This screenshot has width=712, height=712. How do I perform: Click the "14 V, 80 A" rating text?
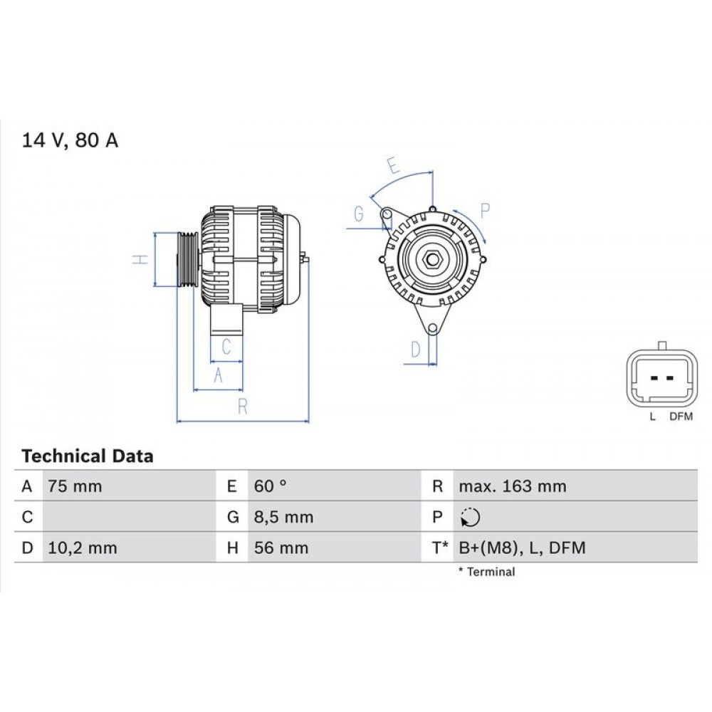point(70,140)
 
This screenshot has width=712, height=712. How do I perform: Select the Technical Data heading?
point(87,456)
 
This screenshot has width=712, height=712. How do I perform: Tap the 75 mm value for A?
point(75,486)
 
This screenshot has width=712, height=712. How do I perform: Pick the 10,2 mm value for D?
point(82,548)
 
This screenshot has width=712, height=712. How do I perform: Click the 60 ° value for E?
point(271,486)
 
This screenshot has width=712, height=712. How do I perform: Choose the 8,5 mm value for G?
point(283,517)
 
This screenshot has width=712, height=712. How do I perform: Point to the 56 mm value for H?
point(281,548)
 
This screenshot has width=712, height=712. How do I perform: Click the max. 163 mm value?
point(512,486)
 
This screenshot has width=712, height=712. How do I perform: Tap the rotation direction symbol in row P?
point(470,518)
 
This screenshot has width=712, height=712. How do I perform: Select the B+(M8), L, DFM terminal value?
point(522,548)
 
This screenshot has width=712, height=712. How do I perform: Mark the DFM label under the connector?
point(681,417)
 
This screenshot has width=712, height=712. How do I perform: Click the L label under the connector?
point(651,417)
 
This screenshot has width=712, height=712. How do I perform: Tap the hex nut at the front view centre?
point(431,259)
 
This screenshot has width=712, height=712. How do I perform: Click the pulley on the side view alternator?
point(186,260)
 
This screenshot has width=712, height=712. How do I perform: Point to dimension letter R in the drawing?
point(242,407)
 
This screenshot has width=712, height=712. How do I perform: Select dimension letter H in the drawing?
point(142,260)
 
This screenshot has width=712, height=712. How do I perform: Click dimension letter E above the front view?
point(392,165)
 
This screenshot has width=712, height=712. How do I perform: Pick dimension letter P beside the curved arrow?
point(485,209)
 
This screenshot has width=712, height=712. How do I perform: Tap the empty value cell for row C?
point(128,517)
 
